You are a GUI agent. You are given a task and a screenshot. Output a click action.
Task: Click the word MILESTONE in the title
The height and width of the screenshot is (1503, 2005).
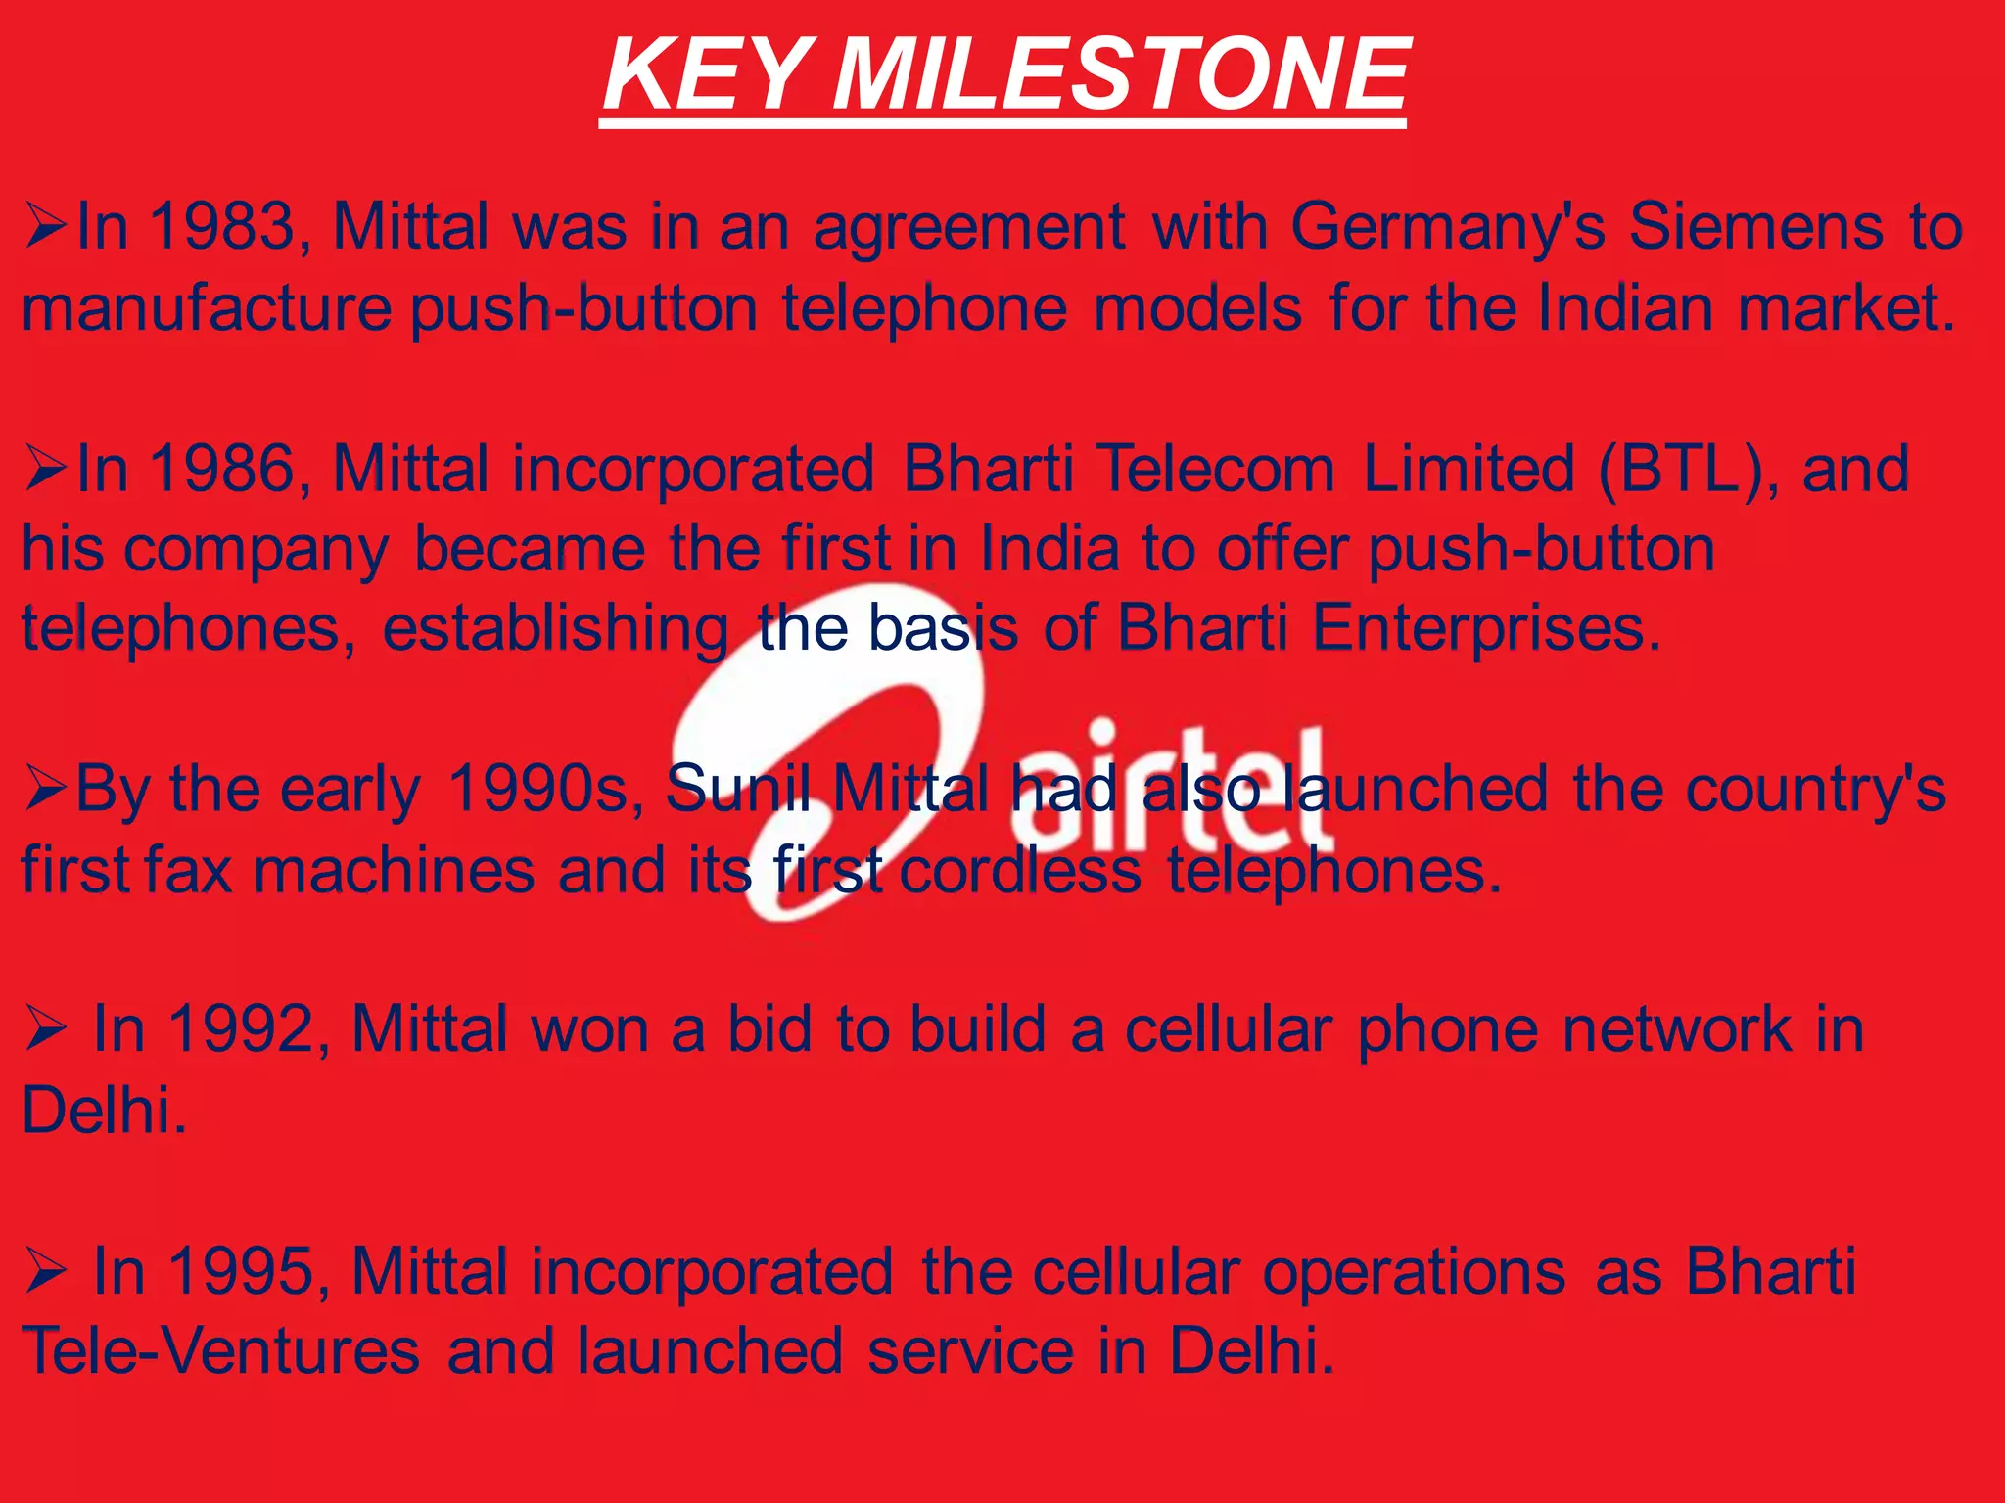coord(1120,74)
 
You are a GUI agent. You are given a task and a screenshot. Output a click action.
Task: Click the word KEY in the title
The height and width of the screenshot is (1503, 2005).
coord(705,74)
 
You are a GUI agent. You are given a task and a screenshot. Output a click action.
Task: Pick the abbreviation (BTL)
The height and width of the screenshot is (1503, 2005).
coord(1677,470)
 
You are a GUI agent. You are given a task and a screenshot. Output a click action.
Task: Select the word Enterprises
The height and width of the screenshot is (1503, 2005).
coord(1486,629)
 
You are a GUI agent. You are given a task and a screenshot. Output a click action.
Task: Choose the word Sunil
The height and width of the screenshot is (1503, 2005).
coord(739,789)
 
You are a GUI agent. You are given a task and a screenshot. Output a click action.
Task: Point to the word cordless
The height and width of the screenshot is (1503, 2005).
coord(1020,870)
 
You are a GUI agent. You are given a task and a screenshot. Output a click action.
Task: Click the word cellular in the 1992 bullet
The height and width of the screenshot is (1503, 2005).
coord(1228,1029)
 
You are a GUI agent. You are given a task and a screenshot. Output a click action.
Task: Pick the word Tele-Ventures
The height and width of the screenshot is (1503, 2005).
coord(221,1351)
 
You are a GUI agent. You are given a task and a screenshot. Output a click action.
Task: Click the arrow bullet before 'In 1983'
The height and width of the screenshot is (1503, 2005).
coord(45,228)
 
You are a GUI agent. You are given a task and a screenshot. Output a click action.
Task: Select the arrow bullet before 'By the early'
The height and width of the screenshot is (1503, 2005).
coord(45,790)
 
